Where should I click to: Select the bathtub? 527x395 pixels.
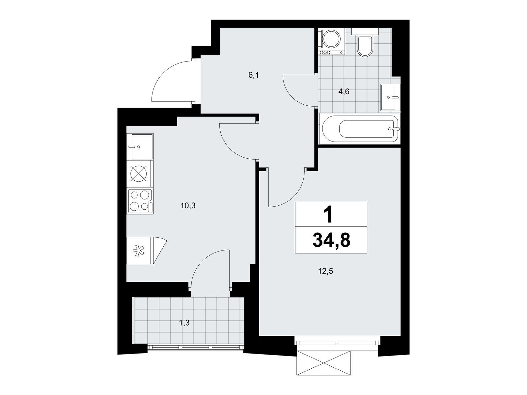(359, 129)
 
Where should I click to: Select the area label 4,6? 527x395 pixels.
(344, 92)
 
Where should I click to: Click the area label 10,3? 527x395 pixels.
(188, 205)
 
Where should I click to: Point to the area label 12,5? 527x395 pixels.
(325, 271)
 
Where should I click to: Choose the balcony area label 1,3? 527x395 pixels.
(184, 323)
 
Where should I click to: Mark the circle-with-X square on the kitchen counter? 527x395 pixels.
(138, 174)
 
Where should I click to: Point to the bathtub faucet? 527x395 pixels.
(394, 129)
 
